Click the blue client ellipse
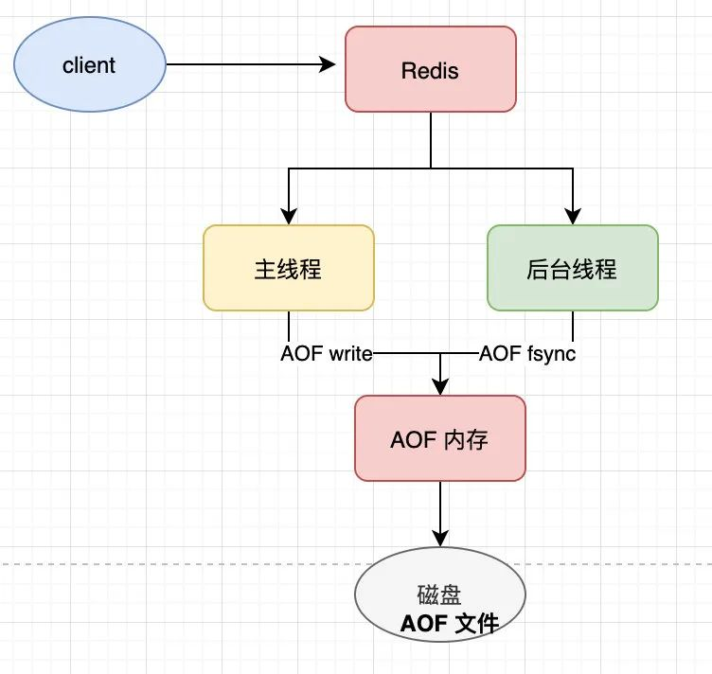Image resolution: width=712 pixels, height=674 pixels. pyautogui.click(x=89, y=64)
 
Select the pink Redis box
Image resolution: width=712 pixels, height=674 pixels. pyautogui.click(x=431, y=69)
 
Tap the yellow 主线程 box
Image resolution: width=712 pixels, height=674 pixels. pyautogui.click(x=289, y=268)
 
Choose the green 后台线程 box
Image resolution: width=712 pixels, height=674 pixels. pyautogui.click(x=573, y=268)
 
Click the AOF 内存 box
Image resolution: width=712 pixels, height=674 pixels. pyautogui.click(x=440, y=438)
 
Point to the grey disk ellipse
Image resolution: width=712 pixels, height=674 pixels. pyautogui.click(x=440, y=594)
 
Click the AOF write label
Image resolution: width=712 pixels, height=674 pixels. pyautogui.click(x=327, y=354)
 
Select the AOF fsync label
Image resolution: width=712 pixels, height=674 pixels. pyautogui.click(x=527, y=354)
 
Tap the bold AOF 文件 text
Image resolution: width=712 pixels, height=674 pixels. pyautogui.click(x=450, y=623)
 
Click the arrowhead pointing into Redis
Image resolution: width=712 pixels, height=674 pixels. pyautogui.click(x=328, y=64)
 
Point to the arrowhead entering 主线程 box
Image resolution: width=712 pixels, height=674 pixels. pyautogui.click(x=289, y=217)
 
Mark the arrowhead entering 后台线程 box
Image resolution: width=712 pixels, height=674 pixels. pyautogui.click(x=573, y=217)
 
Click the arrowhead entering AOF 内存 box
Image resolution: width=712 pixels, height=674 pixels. pyautogui.click(x=440, y=387)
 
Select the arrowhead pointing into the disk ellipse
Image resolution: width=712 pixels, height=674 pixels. pyautogui.click(x=440, y=539)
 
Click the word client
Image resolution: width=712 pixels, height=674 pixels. pyautogui.click(x=89, y=65)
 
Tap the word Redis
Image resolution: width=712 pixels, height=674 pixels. pyautogui.click(x=430, y=71)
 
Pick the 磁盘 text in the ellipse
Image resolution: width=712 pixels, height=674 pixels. pyautogui.click(x=439, y=594)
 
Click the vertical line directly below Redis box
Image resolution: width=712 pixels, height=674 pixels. pyautogui.click(x=431, y=140)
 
